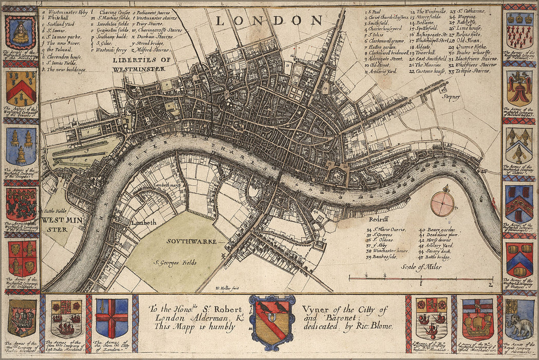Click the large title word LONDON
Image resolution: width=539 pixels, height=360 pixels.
click(269, 21)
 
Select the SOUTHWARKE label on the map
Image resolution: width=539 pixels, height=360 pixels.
click(190, 240)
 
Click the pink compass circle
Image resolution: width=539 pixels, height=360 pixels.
click(442, 204)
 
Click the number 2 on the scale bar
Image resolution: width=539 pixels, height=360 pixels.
click(490, 284)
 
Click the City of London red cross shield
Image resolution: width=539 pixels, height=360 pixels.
click(112, 318)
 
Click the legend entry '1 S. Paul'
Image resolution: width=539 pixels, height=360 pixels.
click(375, 11)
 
